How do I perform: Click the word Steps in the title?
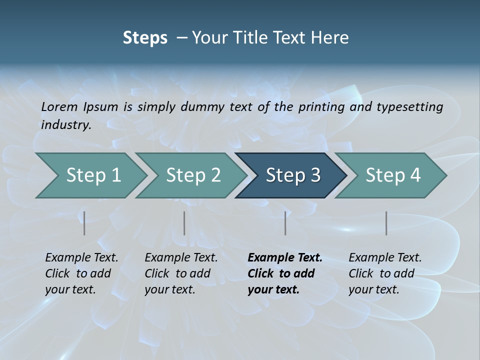coord(145,37)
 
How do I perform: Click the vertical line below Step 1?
coord(84,223)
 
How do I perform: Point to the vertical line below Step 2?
coord(184,223)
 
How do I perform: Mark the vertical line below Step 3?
coord(285,223)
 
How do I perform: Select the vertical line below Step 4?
coord(386,223)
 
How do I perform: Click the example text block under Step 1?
coord(81,273)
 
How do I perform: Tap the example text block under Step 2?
coord(181,273)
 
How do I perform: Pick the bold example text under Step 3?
coord(285,273)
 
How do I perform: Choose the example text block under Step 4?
coord(385,273)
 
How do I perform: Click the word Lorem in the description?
coord(59,107)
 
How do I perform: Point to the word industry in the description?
coord(65,125)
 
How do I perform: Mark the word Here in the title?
coord(330,37)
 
